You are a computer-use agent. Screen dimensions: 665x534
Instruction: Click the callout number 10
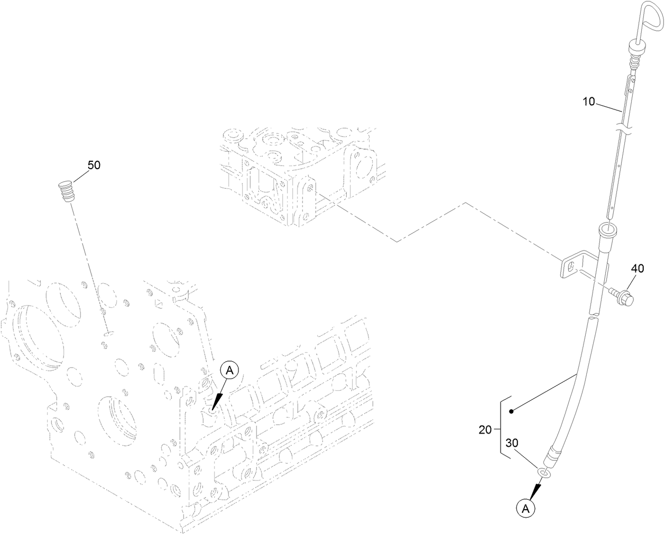point(589,102)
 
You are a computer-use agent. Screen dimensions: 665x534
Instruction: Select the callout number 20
point(485,429)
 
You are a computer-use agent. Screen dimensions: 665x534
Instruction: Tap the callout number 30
point(512,443)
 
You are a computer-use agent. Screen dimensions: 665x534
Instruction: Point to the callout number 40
point(638,268)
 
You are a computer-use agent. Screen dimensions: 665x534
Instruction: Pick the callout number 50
point(94,165)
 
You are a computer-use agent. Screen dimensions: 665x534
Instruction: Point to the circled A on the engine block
point(229,370)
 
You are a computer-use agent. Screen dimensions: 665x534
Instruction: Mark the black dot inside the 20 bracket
point(511,411)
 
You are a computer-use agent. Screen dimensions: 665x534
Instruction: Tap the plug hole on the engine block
point(109,334)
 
